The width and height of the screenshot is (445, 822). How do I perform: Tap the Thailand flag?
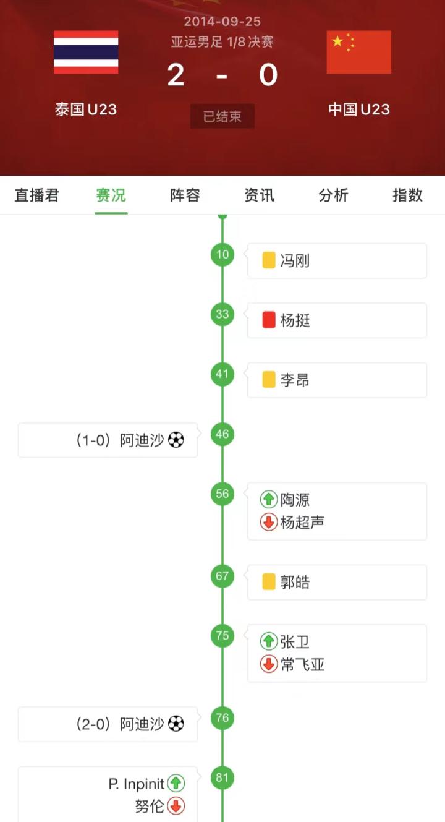[x=86, y=52]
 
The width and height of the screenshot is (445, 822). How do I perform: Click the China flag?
[x=358, y=52]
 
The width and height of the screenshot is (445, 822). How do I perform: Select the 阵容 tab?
[x=185, y=195]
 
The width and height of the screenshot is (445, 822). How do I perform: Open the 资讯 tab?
[x=259, y=195]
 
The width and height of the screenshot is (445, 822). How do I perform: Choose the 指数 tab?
[x=407, y=195]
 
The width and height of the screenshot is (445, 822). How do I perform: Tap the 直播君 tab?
[x=37, y=195]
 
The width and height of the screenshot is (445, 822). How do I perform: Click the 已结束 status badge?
[x=222, y=116]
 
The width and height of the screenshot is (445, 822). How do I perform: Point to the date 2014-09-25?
[x=222, y=21]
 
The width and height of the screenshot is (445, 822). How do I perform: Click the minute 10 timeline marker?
[x=222, y=254]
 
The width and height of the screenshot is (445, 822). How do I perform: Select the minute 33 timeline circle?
[x=222, y=314]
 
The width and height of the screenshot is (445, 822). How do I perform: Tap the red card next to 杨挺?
[x=269, y=320]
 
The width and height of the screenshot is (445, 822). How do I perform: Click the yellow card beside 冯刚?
[x=269, y=260]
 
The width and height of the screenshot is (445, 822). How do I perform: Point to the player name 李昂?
[x=295, y=380]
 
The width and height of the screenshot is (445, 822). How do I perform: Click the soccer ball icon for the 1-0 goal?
[x=176, y=440]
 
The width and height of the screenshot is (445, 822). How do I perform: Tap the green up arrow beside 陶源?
[x=269, y=499]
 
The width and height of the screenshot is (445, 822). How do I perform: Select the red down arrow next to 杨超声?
[x=269, y=523]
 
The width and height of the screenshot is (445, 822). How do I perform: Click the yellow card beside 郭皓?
[x=269, y=582]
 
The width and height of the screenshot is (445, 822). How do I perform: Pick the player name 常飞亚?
[x=302, y=665]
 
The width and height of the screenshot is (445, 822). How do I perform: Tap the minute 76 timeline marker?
[x=222, y=717]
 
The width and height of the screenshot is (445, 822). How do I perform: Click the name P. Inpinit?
[x=137, y=784]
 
